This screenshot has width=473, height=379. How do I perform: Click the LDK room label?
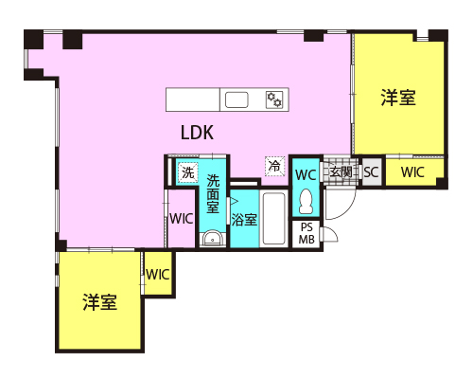(198, 133)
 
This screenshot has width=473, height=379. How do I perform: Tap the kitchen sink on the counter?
(236, 99)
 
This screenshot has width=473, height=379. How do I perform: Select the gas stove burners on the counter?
(274, 99)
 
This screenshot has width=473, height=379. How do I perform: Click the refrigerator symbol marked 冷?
(275, 166)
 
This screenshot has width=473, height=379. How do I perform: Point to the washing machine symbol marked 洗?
(188, 172)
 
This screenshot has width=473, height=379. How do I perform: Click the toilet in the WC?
(306, 201)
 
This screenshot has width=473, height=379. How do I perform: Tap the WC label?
(306, 174)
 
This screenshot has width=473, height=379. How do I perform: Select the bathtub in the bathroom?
(274, 219)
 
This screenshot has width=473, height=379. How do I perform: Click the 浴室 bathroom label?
(244, 220)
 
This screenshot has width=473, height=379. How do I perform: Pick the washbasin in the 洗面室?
(213, 238)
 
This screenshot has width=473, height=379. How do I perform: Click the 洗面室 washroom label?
(213, 194)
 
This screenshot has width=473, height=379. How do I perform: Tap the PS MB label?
(307, 234)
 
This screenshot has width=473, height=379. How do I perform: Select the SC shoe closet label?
(371, 172)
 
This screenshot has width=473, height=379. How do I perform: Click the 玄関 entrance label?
(341, 172)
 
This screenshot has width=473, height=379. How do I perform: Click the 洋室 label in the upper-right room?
(398, 98)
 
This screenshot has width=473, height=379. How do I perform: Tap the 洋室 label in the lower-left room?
(100, 302)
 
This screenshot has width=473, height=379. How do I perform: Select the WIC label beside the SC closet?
(412, 172)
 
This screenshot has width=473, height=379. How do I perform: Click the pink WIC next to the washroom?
(182, 219)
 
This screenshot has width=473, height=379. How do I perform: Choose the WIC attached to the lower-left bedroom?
(158, 275)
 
